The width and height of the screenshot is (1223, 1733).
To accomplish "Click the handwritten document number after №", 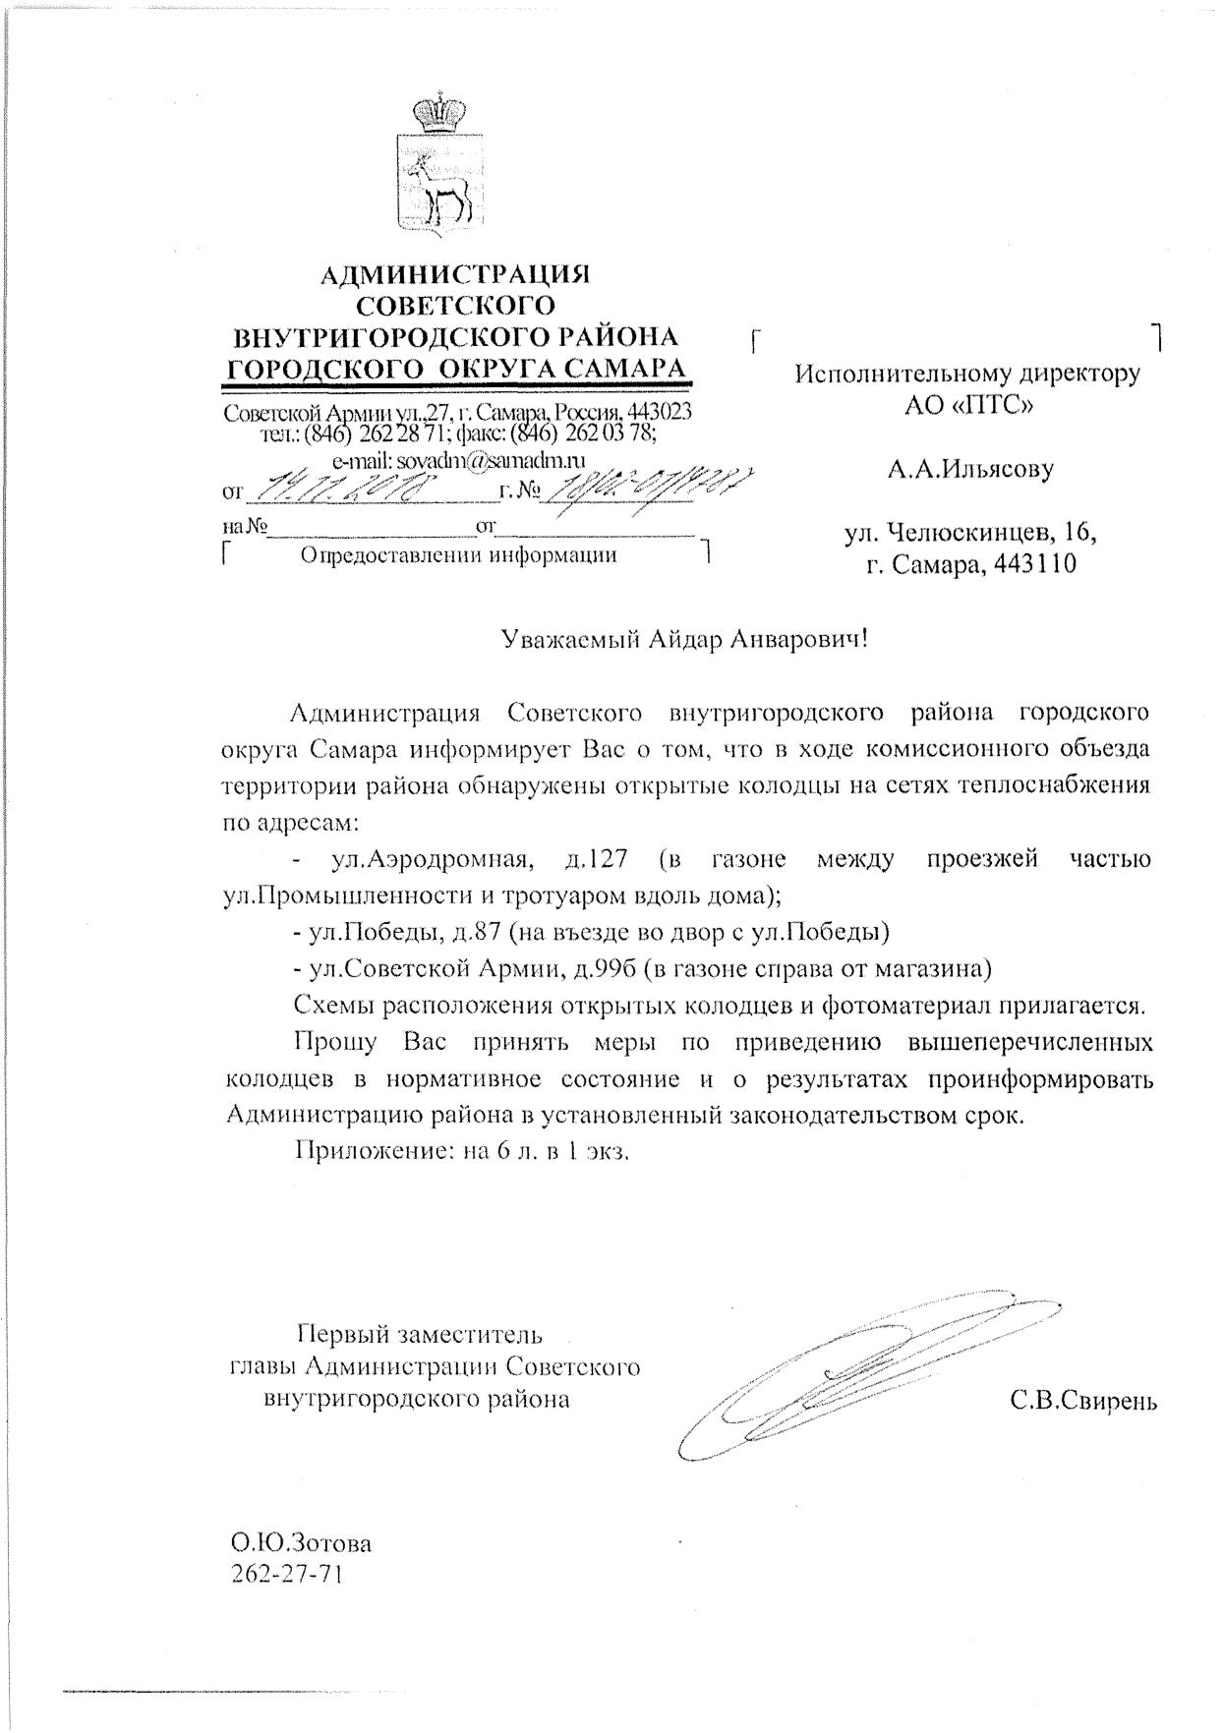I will (649, 485).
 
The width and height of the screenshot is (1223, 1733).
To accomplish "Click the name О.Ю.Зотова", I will (302, 1543).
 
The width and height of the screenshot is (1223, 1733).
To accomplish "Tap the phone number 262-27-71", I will (288, 1573).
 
